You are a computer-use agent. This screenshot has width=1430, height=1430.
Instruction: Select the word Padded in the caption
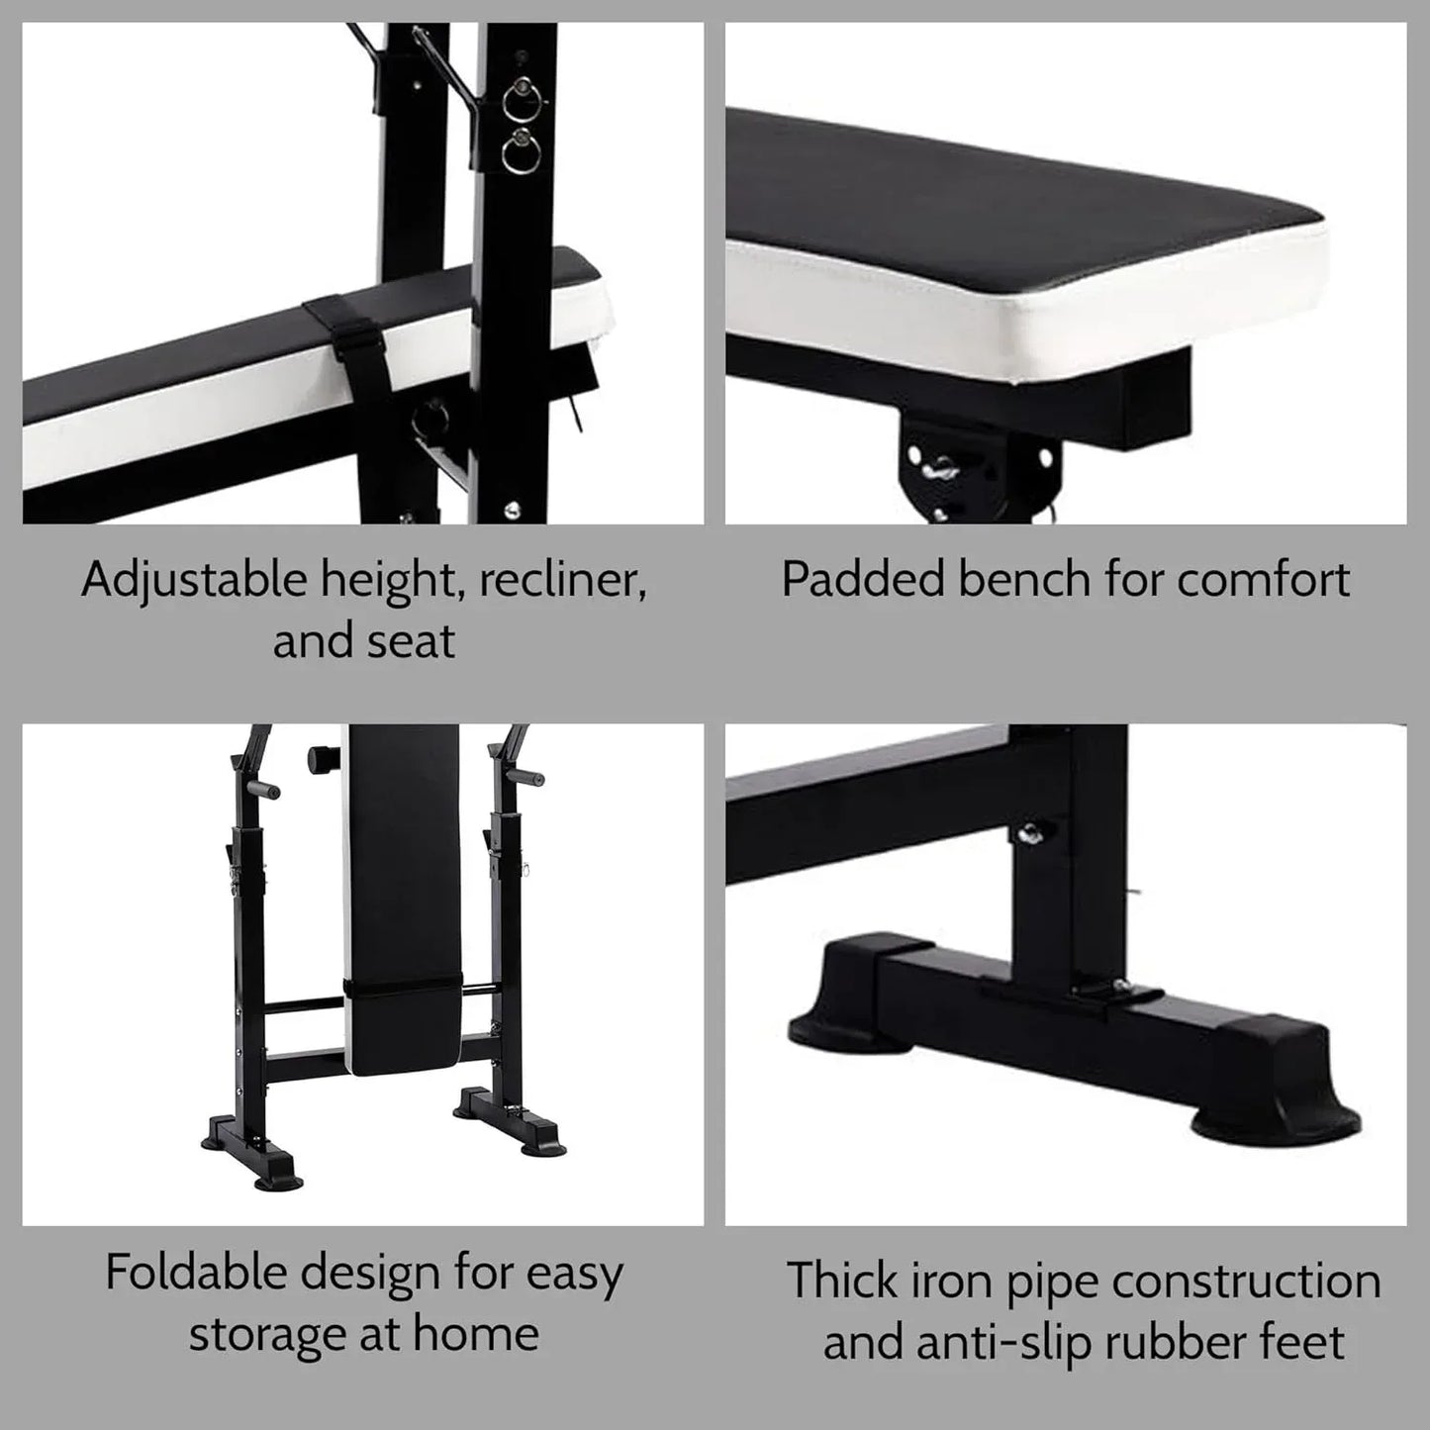pos(861,580)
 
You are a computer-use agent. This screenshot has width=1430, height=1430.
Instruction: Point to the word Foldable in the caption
pos(195,1273)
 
